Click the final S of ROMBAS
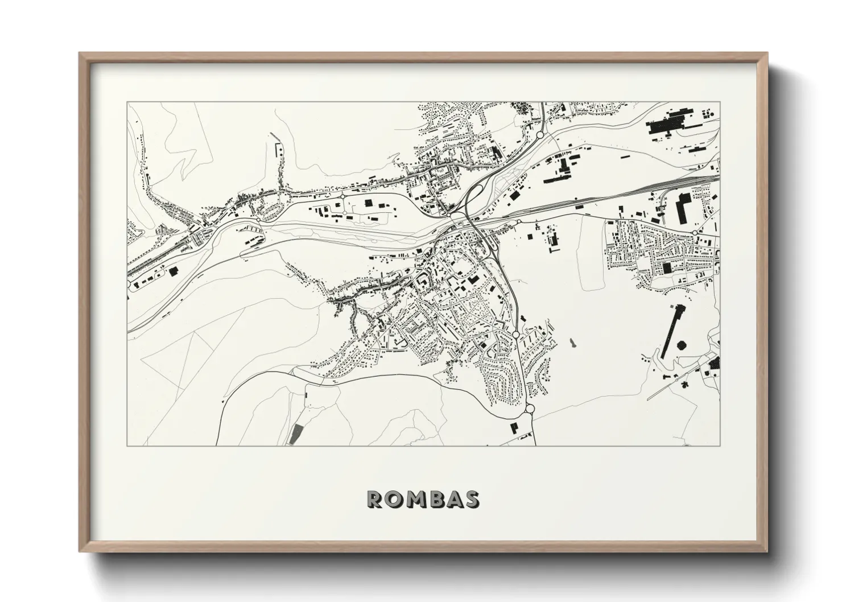pyautogui.click(x=472, y=499)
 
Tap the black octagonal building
pyautogui.click(x=681, y=346)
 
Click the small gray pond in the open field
pyautogui.click(x=571, y=343)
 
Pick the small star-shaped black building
pyautogui.click(x=684, y=384)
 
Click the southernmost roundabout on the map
pyautogui.click(x=530, y=408)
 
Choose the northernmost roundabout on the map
pyautogui.click(x=539, y=135)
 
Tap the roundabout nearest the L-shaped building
pyautogui.click(x=695, y=233)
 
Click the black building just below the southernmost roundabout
pyautogui.click(x=515, y=427)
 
